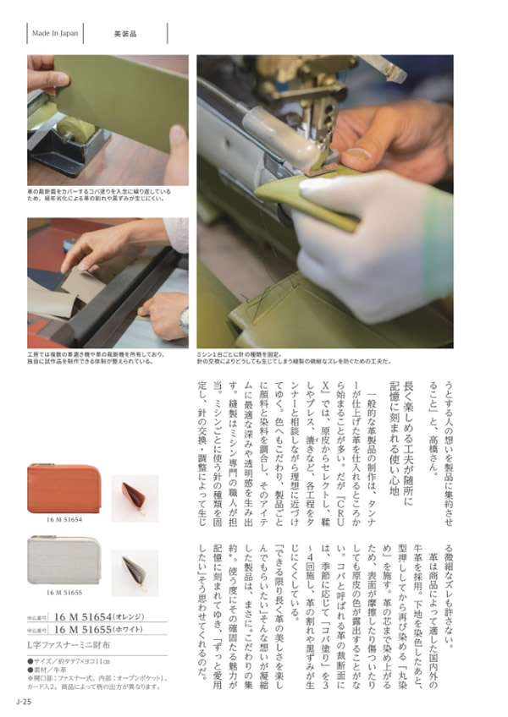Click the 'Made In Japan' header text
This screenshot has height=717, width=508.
pos(55,34)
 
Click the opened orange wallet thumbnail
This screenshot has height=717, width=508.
pos(135,499)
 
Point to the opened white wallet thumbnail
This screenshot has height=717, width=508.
pos(135,572)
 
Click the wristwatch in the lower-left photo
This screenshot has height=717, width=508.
pos(184,319)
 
